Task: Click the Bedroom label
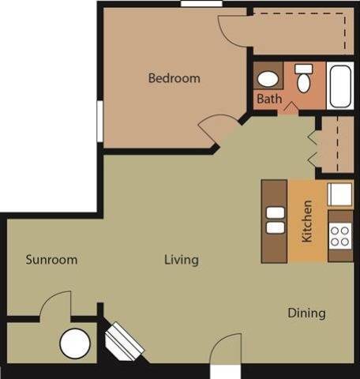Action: pos(174,78)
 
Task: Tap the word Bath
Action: pos(268,99)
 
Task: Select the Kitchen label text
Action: pos(307,220)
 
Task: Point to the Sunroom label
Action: pos(51,260)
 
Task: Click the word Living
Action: pos(181,260)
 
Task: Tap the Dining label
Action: pos(306,313)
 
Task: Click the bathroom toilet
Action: pos(304,79)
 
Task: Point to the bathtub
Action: pos(341,86)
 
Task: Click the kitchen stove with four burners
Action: pos(340,235)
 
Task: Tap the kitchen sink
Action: pos(340,193)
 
